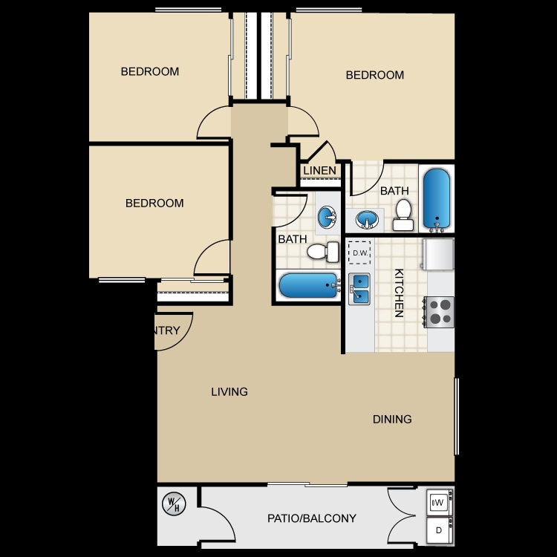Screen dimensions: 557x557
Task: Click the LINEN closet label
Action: click(320, 172)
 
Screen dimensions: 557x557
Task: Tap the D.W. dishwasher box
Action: click(360, 253)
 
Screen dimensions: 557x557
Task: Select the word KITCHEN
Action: click(399, 293)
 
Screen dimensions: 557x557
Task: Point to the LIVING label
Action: click(229, 391)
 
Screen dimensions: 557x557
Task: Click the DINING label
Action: click(392, 419)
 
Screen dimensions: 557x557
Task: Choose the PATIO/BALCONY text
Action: click(312, 518)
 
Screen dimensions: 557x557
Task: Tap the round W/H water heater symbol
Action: click(173, 506)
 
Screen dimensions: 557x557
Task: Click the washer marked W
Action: click(438, 502)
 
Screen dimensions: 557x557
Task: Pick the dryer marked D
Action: click(438, 530)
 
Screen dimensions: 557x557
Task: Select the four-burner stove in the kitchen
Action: click(439, 312)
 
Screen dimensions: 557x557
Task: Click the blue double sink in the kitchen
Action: click(359, 288)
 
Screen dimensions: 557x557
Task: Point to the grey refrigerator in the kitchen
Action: click(438, 255)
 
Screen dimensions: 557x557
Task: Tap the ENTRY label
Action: click(167, 330)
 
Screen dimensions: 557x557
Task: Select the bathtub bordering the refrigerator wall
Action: click(436, 199)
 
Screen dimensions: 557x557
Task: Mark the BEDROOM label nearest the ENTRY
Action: click(154, 203)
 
